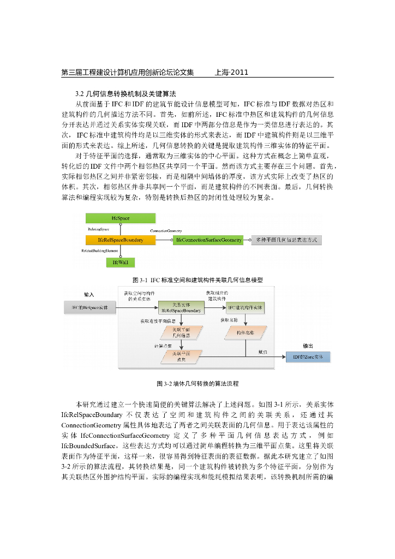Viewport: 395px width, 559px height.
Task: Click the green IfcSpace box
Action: click(x=120, y=218)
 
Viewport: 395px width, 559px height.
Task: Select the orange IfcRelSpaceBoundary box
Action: click(x=120, y=240)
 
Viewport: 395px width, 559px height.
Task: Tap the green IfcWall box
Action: click(x=120, y=263)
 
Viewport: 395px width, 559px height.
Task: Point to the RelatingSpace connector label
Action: click(x=99, y=229)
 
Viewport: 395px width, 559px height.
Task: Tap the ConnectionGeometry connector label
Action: click(x=166, y=231)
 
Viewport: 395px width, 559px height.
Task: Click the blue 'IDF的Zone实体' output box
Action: click(x=309, y=356)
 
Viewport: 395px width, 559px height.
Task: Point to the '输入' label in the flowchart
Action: click(x=89, y=294)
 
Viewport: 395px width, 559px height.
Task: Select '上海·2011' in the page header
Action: click(x=232, y=72)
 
